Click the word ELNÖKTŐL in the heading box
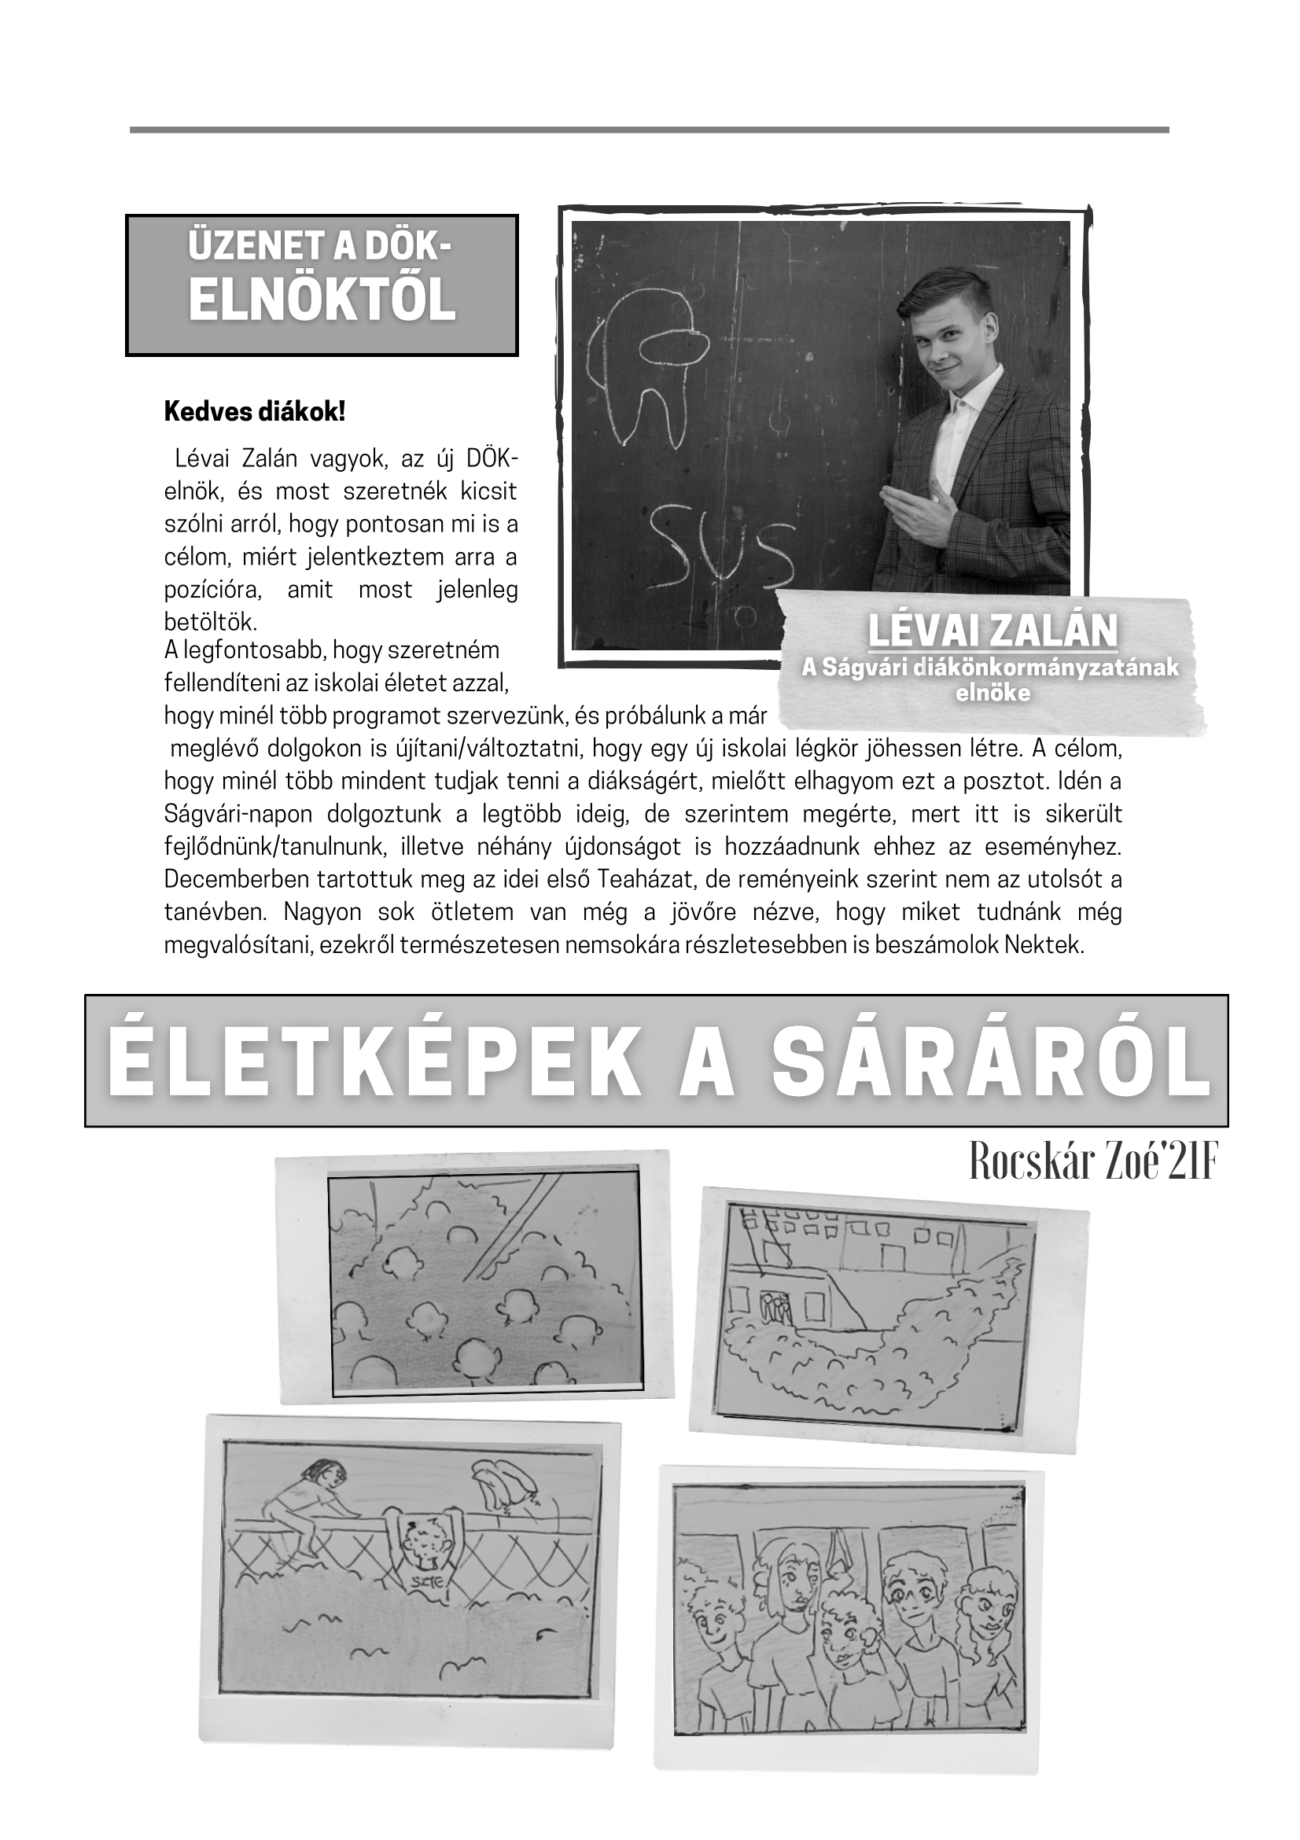coord(322,301)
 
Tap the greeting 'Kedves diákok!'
coord(255,412)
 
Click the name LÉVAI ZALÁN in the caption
coord(992,631)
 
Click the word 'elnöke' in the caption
coord(992,694)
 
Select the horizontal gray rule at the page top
coord(649,130)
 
